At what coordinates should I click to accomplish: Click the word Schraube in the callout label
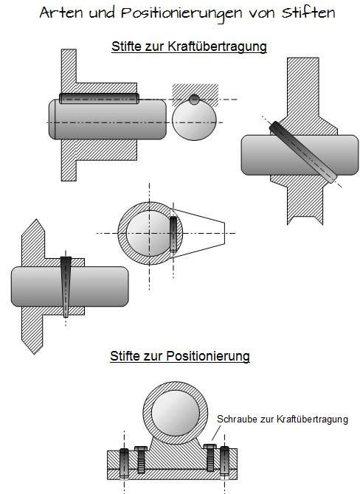tap(235, 420)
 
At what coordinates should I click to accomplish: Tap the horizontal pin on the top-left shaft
tap(100, 97)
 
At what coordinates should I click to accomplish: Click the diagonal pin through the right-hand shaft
tap(301, 151)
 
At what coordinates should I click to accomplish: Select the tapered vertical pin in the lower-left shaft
tap(66, 285)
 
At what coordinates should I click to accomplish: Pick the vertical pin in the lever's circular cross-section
tap(173, 234)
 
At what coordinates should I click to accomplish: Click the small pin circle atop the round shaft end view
tap(194, 100)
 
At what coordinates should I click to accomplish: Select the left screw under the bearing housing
tap(138, 462)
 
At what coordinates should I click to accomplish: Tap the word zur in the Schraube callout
tap(264, 420)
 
